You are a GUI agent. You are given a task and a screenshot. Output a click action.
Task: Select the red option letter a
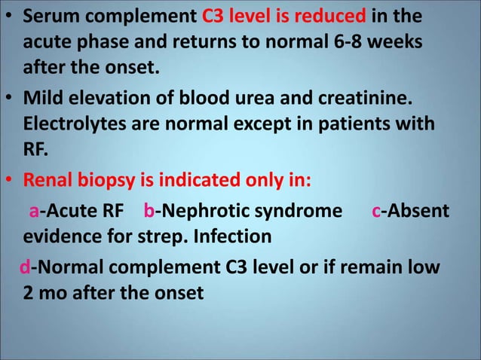click(x=34, y=211)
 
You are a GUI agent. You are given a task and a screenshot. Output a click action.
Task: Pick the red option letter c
click(x=375, y=211)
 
